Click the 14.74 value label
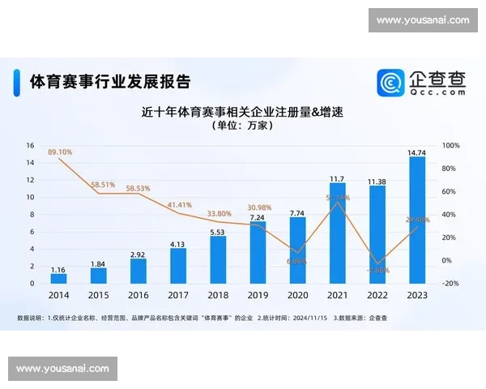[x=417, y=152]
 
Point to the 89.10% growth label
[x=60, y=152]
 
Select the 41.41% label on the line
[x=179, y=205]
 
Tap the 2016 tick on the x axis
[x=138, y=297]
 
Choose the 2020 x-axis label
[x=297, y=297]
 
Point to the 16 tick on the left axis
[x=30, y=146]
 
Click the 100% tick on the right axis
[x=451, y=146]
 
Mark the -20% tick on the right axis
[x=451, y=284]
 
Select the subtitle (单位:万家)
[x=243, y=126]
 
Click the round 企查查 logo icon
[x=391, y=82]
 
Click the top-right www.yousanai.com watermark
[x=423, y=20]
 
